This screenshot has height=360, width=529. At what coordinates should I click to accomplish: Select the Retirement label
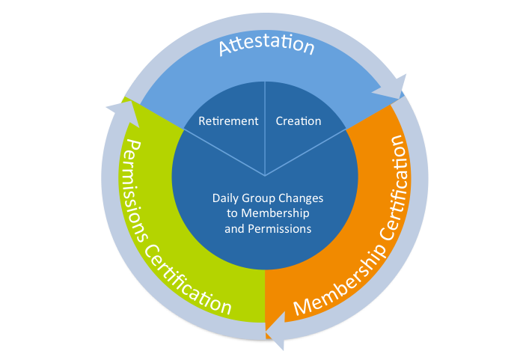click(228, 121)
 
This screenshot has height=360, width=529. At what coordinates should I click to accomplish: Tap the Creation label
click(299, 121)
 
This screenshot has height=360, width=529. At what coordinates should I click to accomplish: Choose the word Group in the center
click(258, 198)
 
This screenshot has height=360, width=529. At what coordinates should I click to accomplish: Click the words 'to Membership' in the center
click(268, 213)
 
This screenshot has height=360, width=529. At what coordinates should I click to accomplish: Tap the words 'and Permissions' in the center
click(268, 229)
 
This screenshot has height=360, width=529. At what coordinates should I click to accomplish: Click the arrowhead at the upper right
click(393, 88)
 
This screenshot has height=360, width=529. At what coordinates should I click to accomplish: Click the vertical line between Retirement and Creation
click(265, 129)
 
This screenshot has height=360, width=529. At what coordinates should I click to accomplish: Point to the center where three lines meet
click(265, 176)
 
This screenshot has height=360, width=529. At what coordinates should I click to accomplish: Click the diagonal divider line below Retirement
click(224, 152)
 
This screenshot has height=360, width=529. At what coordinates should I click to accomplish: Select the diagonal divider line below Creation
click(306, 152)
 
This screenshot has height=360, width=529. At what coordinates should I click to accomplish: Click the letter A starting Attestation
click(225, 48)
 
